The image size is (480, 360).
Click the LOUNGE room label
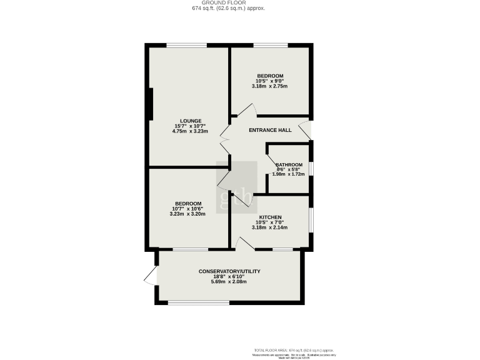tap(191, 121)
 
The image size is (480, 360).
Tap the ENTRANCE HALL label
tap(271, 130)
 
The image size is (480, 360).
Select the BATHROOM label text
tap(289, 165)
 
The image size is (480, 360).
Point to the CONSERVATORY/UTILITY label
tap(229, 271)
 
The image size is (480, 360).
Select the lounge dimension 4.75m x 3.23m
tap(191, 132)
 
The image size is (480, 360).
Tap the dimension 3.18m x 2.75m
tap(270, 86)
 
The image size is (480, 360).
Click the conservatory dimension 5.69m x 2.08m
tap(229, 282)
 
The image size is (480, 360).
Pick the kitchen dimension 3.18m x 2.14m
tap(269, 227)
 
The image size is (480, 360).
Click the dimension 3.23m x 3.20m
tap(188, 214)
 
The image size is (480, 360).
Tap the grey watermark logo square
tap(236, 187)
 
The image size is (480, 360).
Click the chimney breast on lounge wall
tap(151, 104)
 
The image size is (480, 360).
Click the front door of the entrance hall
tap(305, 131)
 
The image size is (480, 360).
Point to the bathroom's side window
tap(311, 169)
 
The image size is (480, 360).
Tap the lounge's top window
tap(187, 45)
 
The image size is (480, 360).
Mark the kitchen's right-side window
tap(311, 221)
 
